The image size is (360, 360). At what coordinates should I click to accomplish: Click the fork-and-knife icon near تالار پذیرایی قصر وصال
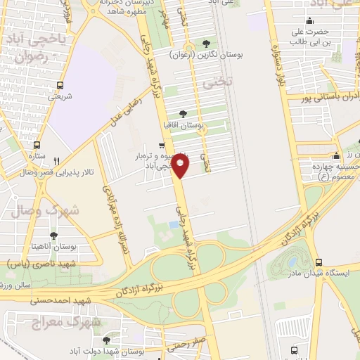(x=66, y=160)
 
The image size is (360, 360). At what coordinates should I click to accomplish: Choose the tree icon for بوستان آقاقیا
(x=184, y=113)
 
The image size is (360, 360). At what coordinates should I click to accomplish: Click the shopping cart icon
(x=162, y=146)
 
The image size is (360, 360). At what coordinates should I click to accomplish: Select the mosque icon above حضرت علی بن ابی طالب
(x=310, y=20)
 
